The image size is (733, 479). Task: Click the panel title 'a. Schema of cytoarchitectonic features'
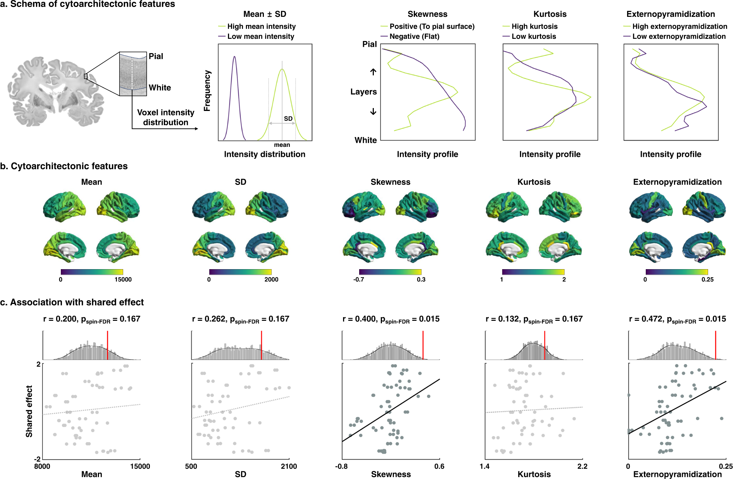(88, 4)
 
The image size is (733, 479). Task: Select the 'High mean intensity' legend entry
(261, 26)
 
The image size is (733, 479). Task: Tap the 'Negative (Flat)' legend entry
(414, 36)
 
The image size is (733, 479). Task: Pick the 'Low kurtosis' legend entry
(534, 36)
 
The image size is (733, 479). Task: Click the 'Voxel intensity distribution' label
(166, 117)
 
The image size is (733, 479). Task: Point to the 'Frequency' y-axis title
(207, 90)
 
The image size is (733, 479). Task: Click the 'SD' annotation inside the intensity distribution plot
(288, 119)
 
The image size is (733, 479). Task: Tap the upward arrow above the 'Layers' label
(373, 72)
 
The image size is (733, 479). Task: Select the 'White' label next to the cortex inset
(160, 88)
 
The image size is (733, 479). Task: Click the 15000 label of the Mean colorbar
(123, 279)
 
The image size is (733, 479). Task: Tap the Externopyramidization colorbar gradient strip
(677, 272)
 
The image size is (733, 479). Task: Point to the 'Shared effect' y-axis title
(29, 411)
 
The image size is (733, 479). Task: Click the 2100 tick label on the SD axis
(289, 466)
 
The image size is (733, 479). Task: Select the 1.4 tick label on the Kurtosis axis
(485, 466)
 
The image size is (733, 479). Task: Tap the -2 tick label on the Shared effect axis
(37, 459)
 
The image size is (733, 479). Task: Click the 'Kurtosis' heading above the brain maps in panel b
(534, 182)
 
